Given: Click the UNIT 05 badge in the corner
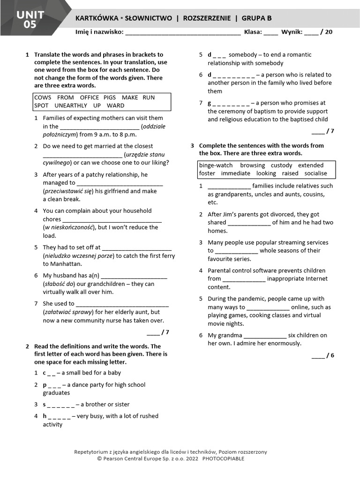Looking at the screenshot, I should [30, 20].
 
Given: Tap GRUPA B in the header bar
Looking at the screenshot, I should [256, 18].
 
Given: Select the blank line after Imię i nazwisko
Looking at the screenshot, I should [183, 33].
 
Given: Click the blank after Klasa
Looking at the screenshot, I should [270, 33].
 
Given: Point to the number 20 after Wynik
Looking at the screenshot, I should [329, 32].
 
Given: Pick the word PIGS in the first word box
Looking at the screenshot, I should [109, 97].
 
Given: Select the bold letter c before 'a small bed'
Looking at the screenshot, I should [45, 373].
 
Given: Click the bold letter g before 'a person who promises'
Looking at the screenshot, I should [210, 103].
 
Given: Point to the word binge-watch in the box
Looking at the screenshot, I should [216, 165].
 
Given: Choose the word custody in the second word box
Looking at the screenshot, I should [281, 165].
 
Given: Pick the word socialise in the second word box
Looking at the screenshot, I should [315, 173].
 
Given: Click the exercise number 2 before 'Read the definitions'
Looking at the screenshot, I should [27, 346].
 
